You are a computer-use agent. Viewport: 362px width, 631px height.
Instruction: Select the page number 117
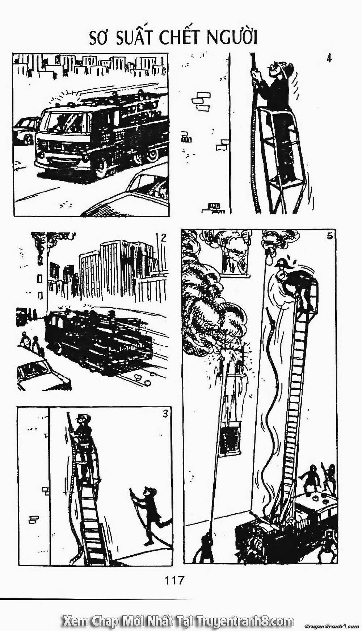click(174, 581)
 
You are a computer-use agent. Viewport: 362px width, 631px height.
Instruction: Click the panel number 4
click(329, 58)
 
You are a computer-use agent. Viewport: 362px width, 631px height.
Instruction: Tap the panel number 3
click(165, 414)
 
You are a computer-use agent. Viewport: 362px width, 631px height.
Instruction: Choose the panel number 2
click(163, 238)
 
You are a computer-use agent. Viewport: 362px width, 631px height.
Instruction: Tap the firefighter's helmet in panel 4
click(286, 69)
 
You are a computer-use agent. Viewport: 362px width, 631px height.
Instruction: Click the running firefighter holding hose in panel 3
click(150, 516)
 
